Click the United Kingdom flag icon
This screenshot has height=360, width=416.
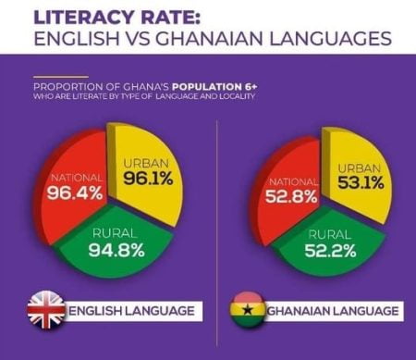44,309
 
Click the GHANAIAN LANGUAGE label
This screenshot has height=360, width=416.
329,310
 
